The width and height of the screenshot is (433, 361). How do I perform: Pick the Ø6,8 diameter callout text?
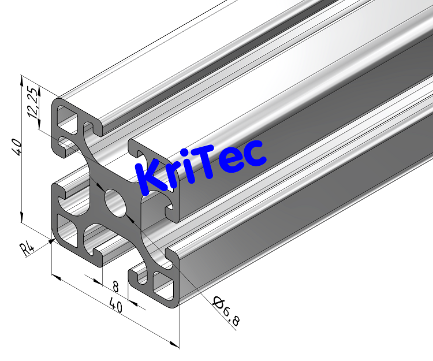[x=226, y=311]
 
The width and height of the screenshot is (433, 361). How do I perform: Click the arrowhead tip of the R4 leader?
[x=52, y=241]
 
